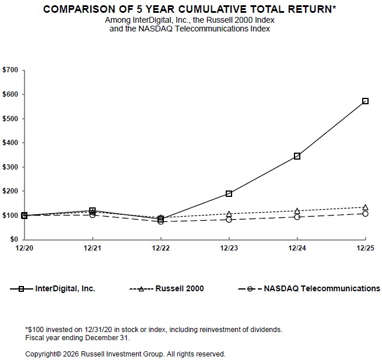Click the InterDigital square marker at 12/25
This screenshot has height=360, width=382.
(x=365, y=101)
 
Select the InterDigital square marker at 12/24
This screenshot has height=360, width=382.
(x=297, y=156)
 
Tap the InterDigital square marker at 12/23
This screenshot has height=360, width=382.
(x=229, y=193)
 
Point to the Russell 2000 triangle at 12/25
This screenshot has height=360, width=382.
(x=365, y=207)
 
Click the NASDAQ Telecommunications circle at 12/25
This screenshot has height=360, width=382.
(x=365, y=214)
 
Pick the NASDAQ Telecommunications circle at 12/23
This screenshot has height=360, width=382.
(x=229, y=220)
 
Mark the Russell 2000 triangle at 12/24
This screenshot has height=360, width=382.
(x=297, y=211)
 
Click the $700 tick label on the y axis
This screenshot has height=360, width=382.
(x=11, y=70)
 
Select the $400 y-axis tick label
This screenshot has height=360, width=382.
(x=11, y=143)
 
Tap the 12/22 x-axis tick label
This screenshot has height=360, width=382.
(x=161, y=248)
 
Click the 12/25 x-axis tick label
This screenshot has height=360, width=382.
(x=365, y=248)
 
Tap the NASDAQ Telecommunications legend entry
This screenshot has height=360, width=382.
(x=321, y=288)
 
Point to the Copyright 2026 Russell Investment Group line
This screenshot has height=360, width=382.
(x=125, y=354)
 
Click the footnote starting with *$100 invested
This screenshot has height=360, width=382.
(x=154, y=329)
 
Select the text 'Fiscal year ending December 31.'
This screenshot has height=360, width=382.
(x=78, y=337)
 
